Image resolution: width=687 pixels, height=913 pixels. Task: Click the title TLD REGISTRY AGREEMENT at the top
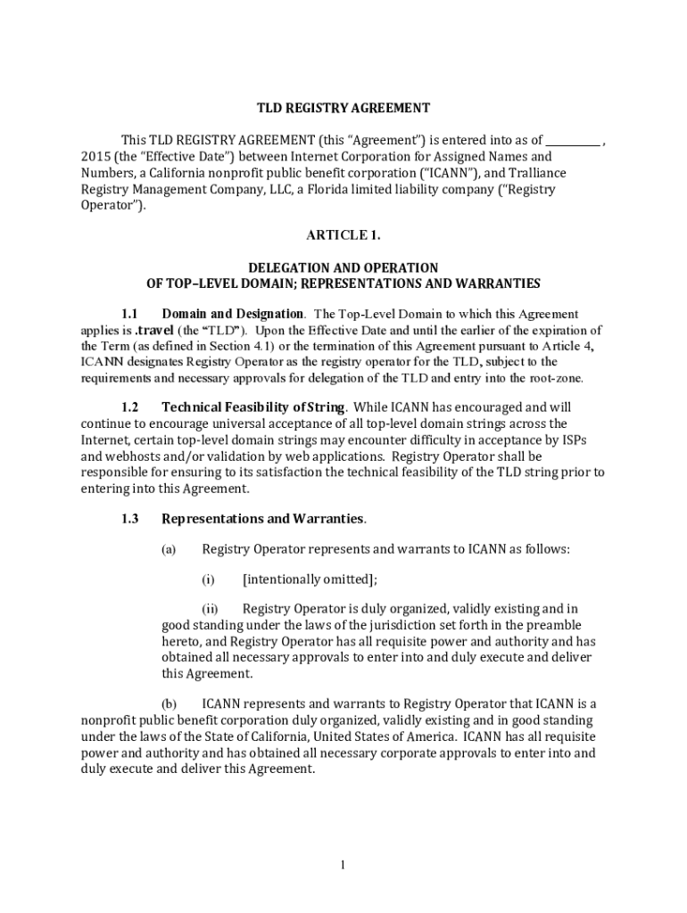[x=343, y=108]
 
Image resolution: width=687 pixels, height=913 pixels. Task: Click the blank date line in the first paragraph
[x=573, y=140]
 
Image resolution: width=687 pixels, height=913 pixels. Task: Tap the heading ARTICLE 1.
[x=343, y=234]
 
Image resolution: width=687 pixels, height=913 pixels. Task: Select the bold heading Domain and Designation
[x=232, y=314]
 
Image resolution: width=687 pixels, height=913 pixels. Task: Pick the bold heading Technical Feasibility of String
[x=252, y=407]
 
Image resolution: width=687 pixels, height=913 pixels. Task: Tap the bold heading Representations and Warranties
[x=262, y=518]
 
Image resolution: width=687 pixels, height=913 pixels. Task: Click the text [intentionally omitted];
[x=310, y=580]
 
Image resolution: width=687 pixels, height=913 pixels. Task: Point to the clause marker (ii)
[x=209, y=610]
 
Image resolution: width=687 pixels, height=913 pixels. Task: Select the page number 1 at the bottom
[x=343, y=864]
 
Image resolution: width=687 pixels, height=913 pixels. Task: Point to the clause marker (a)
[x=169, y=549]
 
